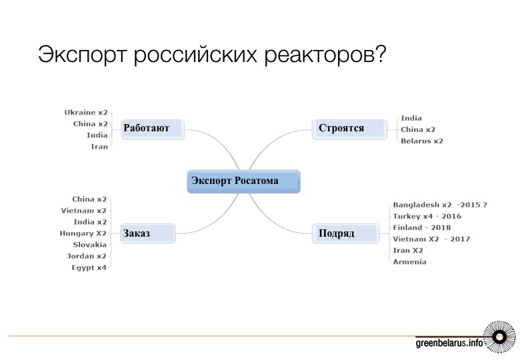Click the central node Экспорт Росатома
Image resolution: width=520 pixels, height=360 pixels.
coord(244,181)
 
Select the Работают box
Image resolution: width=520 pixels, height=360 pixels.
coord(153,129)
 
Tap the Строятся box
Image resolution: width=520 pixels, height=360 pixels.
coord(349,129)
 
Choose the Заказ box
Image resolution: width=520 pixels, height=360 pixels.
coord(148,234)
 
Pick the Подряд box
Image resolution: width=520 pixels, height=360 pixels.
coord(345,234)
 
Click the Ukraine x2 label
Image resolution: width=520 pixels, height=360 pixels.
coord(86,113)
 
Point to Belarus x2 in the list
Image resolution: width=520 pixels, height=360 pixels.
coord(422,141)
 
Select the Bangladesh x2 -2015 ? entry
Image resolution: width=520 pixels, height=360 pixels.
coord(440,205)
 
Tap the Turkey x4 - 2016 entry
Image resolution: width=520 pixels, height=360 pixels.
coord(427,217)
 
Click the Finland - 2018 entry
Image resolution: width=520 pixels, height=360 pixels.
coord(422,228)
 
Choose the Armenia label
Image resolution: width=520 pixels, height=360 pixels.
coord(409,262)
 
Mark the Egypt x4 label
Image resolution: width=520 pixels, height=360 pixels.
coord(89,268)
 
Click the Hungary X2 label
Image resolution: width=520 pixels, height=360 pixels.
coord(83,233)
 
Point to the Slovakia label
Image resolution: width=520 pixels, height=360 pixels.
coord(90,245)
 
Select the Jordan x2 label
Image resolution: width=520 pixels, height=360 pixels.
coord(87,256)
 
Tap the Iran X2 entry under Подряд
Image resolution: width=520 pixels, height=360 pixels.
coord(408,251)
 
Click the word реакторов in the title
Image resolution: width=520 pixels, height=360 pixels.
coord(325,55)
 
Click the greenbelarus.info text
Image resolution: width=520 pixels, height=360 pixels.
coord(449,343)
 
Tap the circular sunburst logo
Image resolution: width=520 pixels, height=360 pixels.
coord(499,337)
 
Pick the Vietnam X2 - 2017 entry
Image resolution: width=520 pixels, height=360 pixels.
coord(431,239)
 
